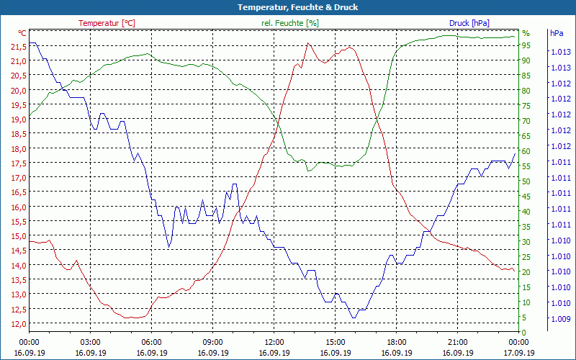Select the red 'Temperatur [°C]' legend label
[x=107, y=23]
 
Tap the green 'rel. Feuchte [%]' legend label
[x=289, y=23]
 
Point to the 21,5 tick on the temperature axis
[x=19, y=47]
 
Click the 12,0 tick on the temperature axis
[x=19, y=323]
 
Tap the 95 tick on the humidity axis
[x=526, y=45]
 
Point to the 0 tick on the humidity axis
[x=524, y=332]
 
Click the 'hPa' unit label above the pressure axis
[x=557, y=33]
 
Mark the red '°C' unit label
[x=22, y=33]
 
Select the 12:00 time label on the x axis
[x=274, y=343]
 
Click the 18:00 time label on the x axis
[x=397, y=343]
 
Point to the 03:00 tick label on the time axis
[x=90, y=343]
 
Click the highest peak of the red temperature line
[x=308, y=43]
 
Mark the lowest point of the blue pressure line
[x=354, y=318]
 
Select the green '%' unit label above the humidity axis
[x=526, y=33]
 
